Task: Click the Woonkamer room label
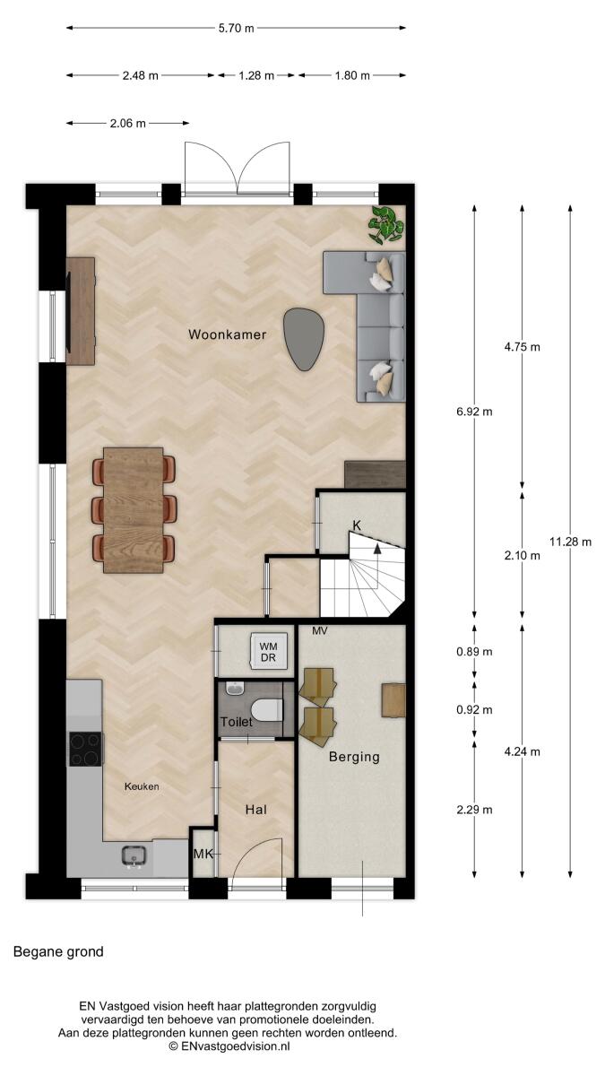click(227, 334)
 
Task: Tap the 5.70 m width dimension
click(237, 28)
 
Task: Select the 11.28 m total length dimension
click(570, 542)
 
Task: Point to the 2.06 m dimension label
click(127, 124)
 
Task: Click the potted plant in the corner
click(385, 225)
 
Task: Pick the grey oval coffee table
click(304, 339)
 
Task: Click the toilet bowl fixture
click(267, 711)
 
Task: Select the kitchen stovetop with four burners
click(86, 749)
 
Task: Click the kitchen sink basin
click(134, 855)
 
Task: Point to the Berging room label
click(354, 757)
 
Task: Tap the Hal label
click(256, 810)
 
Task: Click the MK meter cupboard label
click(203, 854)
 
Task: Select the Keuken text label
click(142, 786)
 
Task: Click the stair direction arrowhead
click(377, 548)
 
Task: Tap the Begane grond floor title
click(58, 951)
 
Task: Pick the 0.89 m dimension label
click(474, 652)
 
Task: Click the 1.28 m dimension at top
click(256, 75)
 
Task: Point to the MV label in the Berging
click(320, 630)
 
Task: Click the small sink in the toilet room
click(235, 689)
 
